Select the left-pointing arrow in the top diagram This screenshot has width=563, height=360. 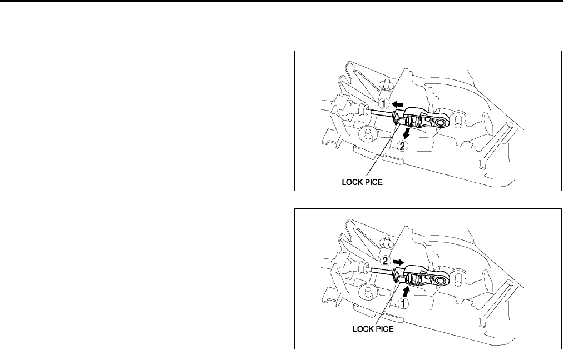click(x=397, y=103)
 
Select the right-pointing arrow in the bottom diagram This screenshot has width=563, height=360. click(x=397, y=260)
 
